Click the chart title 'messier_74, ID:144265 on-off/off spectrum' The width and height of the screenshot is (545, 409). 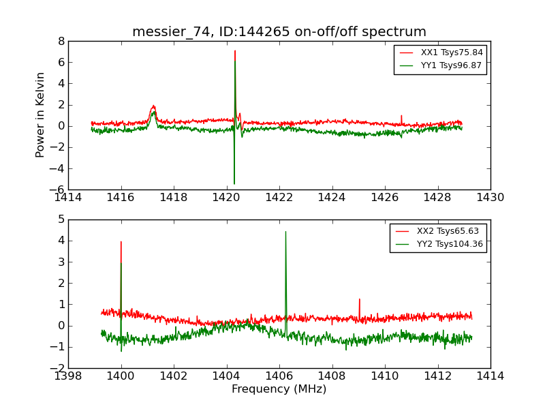pyautogui.click(x=279, y=32)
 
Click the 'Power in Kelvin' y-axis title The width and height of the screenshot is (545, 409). pyautogui.click(x=41, y=115)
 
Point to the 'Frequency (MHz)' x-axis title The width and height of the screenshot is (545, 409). pyautogui.click(x=279, y=389)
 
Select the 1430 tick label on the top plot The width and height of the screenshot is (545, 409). pyautogui.click(x=490, y=198)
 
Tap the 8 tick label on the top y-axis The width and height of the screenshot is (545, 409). pyautogui.click(x=61, y=42)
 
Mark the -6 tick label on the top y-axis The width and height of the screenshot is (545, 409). pyautogui.click(x=59, y=190)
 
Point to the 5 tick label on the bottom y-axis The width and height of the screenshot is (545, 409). pyautogui.click(x=61, y=219)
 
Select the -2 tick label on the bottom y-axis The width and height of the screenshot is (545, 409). pyautogui.click(x=59, y=369)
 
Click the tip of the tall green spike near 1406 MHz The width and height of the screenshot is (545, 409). pyautogui.click(x=285, y=232)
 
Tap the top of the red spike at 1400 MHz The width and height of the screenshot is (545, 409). pyautogui.click(x=121, y=241)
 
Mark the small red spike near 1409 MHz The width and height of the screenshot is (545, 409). pyautogui.click(x=359, y=299)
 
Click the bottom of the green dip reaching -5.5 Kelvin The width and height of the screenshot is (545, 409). pyautogui.click(x=234, y=183)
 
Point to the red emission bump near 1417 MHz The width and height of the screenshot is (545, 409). pyautogui.click(x=153, y=106)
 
